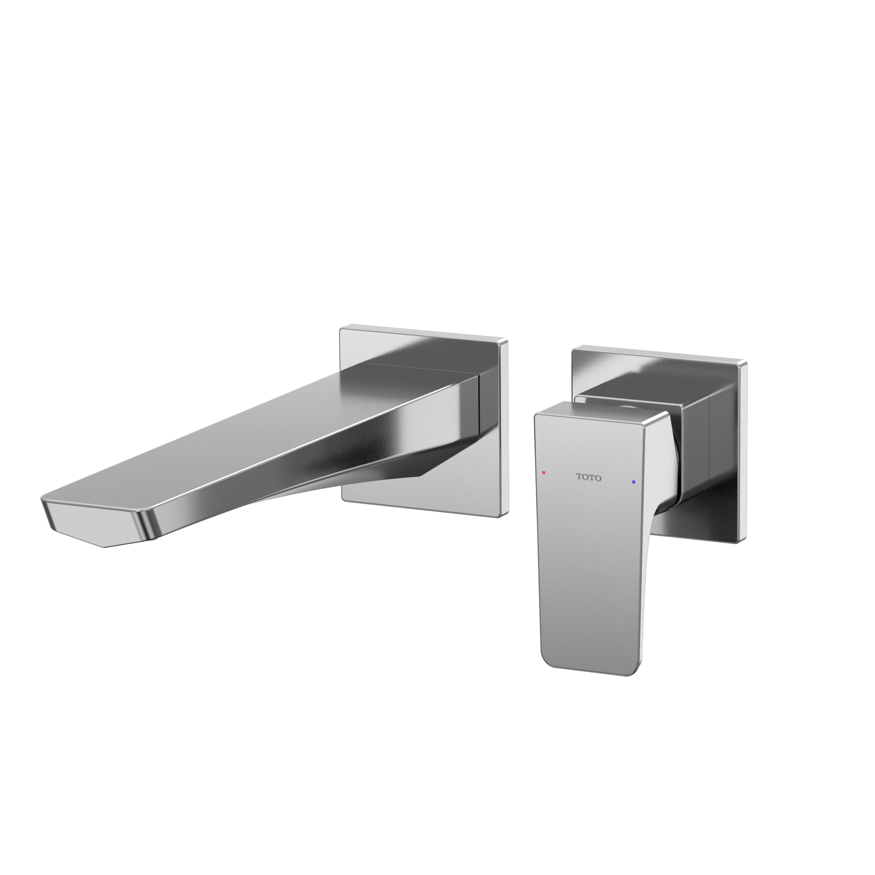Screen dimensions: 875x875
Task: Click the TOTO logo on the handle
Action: point(588,477)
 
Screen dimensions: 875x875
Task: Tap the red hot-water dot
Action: point(543,473)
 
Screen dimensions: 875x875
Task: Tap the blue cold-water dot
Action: point(633,482)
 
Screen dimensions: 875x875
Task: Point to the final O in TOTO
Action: point(598,478)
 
